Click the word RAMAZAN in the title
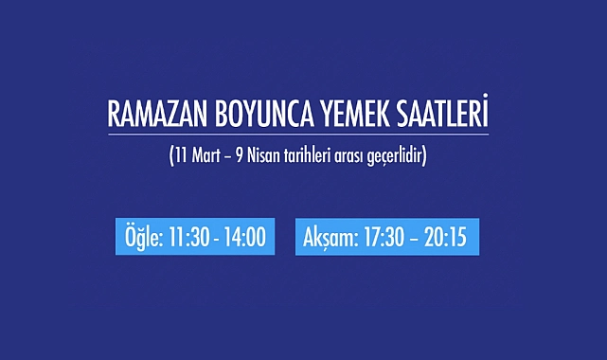click(157, 115)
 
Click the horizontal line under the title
click(298, 135)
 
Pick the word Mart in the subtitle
click(206, 155)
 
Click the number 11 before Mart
click(181, 155)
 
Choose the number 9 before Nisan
click(240, 155)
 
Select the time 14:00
click(245, 237)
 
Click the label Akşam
click(331, 238)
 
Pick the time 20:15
click(445, 237)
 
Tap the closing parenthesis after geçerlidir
click(424, 155)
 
